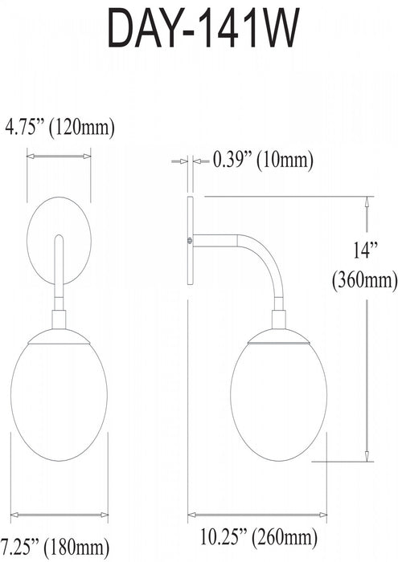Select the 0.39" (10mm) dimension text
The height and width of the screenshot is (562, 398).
262,161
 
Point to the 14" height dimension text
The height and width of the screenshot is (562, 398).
365,250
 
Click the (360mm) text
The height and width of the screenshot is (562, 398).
365,280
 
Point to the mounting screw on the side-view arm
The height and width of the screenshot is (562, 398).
190,239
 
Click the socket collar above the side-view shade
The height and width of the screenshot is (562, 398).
278,320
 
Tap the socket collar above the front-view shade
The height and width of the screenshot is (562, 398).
58,320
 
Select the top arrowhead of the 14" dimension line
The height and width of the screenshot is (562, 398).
368,202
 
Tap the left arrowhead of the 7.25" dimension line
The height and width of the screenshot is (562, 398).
11,513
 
